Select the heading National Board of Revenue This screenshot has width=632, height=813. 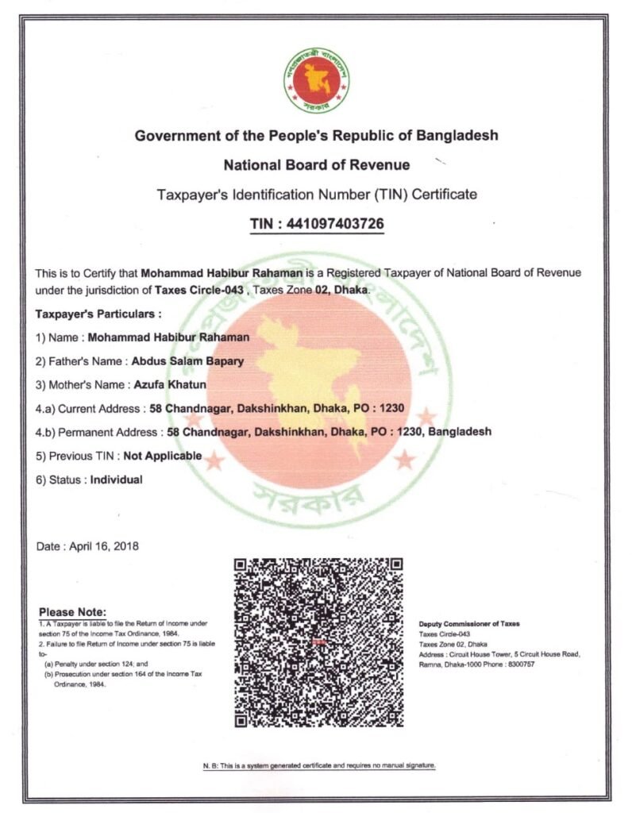tap(316, 165)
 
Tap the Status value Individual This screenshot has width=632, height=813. tap(116, 480)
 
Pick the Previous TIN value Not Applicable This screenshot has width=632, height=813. tap(162, 456)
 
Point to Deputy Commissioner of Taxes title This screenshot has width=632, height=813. tap(468, 624)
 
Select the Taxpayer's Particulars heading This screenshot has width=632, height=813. tap(98, 314)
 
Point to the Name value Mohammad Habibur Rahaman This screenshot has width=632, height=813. tap(169, 337)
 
